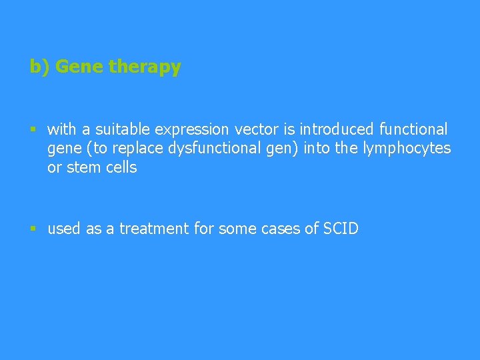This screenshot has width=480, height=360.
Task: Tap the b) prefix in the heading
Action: pyautogui.click(x=39, y=67)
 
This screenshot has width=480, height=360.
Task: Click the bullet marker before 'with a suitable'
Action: pyautogui.click(x=33, y=129)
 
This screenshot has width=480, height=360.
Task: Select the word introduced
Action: pyautogui.click(x=327, y=129)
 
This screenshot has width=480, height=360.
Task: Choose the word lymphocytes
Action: pyautogui.click(x=407, y=148)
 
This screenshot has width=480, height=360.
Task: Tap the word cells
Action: pyautogui.click(x=121, y=167)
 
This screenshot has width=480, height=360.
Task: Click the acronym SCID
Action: pyautogui.click(x=340, y=229)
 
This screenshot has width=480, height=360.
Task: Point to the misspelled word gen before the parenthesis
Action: pyautogui.click(x=283, y=148)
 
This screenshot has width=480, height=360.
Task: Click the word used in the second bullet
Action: pyautogui.click(x=63, y=229)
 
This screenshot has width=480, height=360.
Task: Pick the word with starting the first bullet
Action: pyautogui.click(x=62, y=129)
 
